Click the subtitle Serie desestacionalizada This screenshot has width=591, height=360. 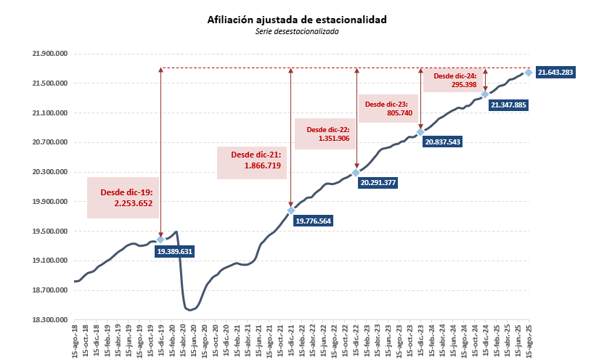pos(297,31)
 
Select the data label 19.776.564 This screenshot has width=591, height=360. pos(319,221)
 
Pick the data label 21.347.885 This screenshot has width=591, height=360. pos(508,105)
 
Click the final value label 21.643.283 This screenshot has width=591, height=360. pos(555,73)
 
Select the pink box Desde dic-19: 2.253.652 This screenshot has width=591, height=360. pos(122,197)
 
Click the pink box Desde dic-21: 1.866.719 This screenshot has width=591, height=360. pos(253,161)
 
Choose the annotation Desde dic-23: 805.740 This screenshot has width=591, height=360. pos(388,108)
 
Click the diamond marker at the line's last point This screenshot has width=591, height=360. pos(529,73)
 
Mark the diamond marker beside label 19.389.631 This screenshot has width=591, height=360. pos(160,240)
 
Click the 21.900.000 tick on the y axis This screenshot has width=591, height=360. pos(50,54)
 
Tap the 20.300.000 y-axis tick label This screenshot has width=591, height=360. pos(50,172)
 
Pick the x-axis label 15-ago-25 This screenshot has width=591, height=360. pos(529,341)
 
